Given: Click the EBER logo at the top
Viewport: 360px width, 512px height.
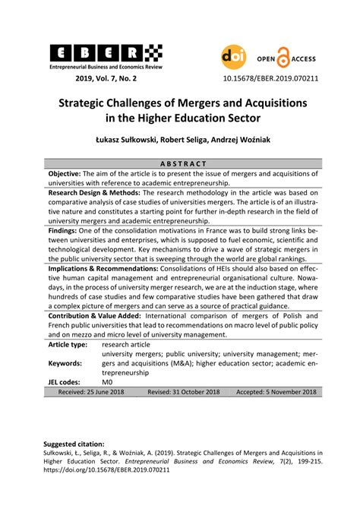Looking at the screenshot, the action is pyautogui.click(x=106, y=52).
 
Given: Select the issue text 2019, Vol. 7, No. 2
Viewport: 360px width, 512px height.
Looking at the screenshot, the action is pyautogui.click(x=106, y=77).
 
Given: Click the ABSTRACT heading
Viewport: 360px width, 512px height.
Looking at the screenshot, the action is pyautogui.click(x=180, y=163).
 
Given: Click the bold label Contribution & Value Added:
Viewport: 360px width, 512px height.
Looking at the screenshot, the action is pyautogui.click(x=101, y=314).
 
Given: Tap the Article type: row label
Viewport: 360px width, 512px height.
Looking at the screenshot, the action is pyautogui.click(x=71, y=343).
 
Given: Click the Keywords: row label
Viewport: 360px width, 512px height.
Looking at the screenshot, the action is pyautogui.click(x=65, y=363).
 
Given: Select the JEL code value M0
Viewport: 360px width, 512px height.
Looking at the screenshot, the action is pyautogui.click(x=108, y=382).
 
